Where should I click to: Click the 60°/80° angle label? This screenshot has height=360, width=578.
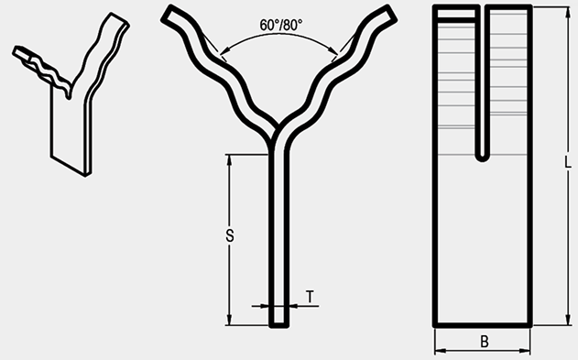(x=281, y=25)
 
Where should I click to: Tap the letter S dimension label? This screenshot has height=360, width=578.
(x=230, y=235)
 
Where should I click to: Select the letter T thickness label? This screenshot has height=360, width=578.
(x=310, y=297)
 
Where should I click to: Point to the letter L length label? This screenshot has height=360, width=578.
(x=568, y=162)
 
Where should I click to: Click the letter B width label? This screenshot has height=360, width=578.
(x=485, y=342)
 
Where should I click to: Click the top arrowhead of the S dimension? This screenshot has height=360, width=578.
(x=229, y=158)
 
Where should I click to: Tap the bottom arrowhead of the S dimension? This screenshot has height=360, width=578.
(x=229, y=321)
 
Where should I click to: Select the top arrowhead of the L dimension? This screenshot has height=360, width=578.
(x=568, y=11)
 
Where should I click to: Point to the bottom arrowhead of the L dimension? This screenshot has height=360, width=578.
(x=568, y=321)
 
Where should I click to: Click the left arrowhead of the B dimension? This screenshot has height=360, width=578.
(x=440, y=350)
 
